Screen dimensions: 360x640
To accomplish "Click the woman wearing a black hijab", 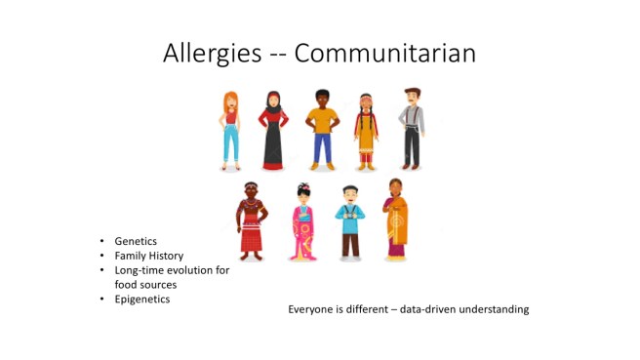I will tap(273, 130).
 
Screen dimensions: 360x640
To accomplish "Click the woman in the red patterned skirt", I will tap(252, 221).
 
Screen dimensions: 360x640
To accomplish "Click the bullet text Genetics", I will tap(136, 241).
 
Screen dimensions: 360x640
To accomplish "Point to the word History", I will tap(166, 256).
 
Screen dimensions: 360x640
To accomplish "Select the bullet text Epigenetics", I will tap(142, 299).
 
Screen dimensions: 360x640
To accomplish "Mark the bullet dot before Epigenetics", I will tap(101, 300).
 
